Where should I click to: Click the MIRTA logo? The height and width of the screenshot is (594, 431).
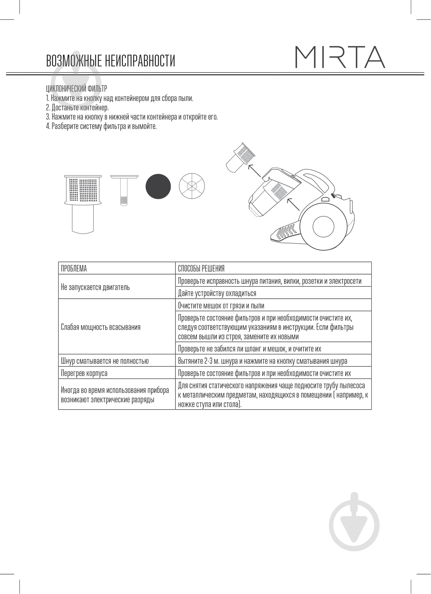(x=340, y=57)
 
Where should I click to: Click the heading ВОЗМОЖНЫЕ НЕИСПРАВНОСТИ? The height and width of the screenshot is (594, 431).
(x=111, y=61)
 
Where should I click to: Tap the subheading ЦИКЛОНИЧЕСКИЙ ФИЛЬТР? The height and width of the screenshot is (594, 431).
(x=77, y=89)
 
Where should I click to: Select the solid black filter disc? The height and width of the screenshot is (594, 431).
(x=158, y=186)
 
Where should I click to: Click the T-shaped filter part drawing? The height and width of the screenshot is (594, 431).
(x=124, y=190)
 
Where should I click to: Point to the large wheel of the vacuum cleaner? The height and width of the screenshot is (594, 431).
(x=323, y=226)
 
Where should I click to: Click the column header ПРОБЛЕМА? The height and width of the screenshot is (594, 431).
(x=74, y=269)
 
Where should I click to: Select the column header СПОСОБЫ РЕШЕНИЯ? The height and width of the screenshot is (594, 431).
(x=201, y=269)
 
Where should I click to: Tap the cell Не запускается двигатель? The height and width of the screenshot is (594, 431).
(x=95, y=287)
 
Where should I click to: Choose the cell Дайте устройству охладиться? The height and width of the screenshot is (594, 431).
(x=217, y=293)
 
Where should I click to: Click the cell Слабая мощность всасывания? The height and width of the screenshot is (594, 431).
(x=101, y=327)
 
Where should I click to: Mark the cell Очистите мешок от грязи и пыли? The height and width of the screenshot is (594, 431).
(x=221, y=306)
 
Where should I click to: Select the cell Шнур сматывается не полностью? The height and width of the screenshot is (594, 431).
(x=105, y=361)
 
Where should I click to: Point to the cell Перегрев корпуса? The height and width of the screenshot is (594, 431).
(x=84, y=373)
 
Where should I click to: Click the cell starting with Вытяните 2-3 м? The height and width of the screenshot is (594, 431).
(x=262, y=361)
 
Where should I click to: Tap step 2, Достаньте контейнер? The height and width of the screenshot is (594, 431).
(x=78, y=108)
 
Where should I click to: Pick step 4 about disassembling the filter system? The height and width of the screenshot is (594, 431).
(x=101, y=126)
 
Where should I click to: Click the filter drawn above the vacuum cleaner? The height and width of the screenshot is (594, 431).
(x=240, y=157)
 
